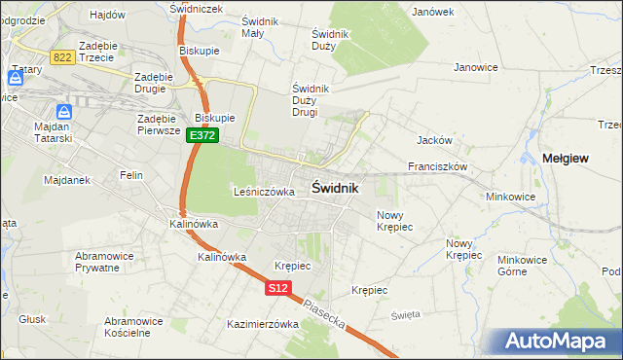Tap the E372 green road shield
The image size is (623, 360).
[202, 136]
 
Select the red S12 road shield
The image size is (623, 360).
[278, 288]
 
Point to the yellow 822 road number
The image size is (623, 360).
[63, 57]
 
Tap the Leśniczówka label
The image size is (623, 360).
[264, 193]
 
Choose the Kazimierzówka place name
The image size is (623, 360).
[262, 324]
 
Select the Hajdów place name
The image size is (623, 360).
[107, 16]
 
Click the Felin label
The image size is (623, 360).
[131, 175]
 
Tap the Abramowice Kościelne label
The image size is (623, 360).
[133, 326]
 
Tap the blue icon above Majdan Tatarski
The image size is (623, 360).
[63, 113]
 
